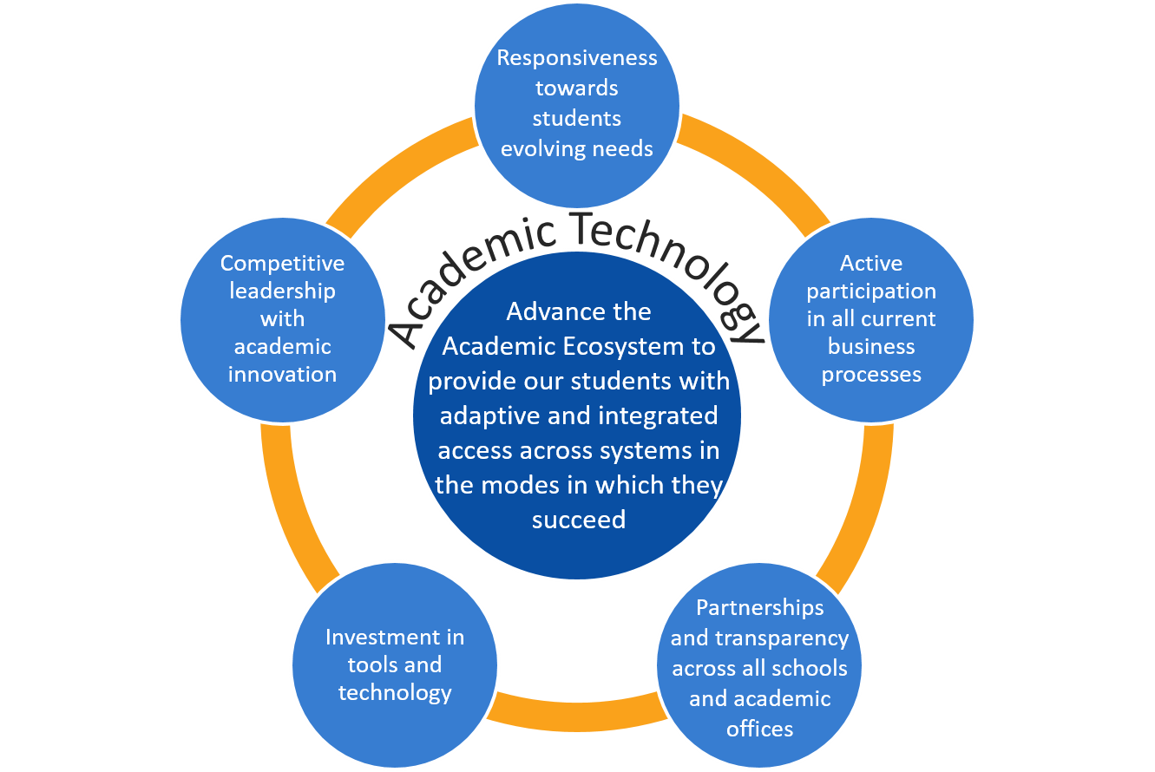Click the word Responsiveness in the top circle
point(577,58)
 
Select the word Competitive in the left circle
point(282,263)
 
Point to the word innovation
point(282,374)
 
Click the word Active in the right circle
point(871,263)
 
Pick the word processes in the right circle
point(871,374)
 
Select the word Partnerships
point(759,607)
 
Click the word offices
point(759,729)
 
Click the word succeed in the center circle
point(578,519)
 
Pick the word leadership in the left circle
point(282,291)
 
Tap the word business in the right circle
point(871,346)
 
